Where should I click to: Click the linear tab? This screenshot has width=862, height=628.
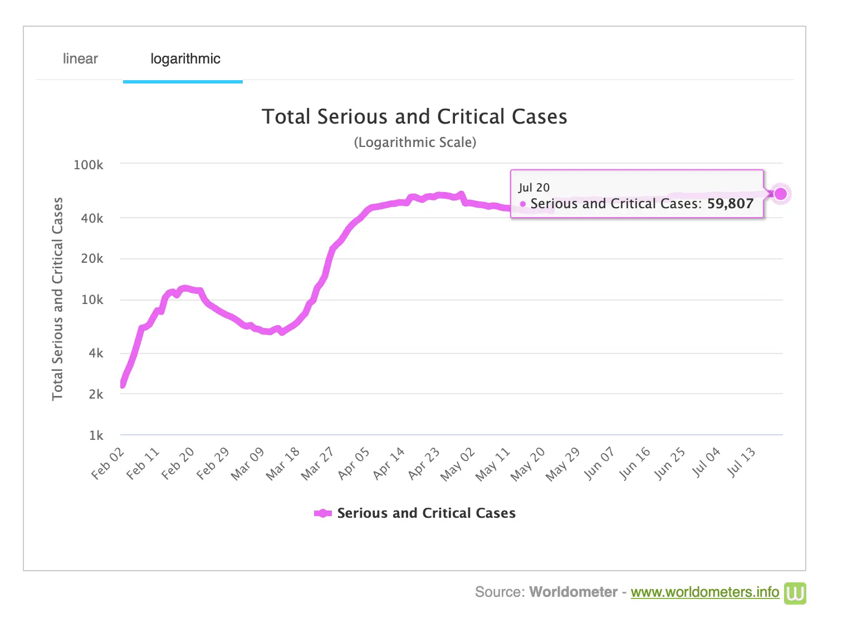(80, 58)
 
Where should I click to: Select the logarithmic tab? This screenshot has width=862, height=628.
(185, 58)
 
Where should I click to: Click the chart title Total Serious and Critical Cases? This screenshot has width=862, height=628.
(414, 116)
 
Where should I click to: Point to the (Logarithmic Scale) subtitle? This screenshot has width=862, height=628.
(415, 143)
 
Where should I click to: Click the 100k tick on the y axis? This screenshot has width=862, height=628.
(89, 165)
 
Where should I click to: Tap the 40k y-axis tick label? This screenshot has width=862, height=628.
(92, 218)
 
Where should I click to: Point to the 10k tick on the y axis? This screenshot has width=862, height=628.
(92, 300)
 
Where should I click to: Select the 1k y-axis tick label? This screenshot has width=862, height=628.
(96, 435)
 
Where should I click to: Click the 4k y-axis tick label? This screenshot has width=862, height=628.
(96, 353)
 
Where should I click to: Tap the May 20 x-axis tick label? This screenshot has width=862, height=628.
(527, 464)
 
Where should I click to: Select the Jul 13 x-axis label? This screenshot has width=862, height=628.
(741, 462)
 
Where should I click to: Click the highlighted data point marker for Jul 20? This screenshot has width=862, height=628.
(781, 194)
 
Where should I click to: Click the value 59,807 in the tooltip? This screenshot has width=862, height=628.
(730, 204)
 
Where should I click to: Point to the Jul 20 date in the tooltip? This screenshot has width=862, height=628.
(534, 188)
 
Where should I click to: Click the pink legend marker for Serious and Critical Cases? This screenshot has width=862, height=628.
(323, 513)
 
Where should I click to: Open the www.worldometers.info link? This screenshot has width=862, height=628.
(704, 592)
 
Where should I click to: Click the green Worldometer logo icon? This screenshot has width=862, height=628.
(795, 593)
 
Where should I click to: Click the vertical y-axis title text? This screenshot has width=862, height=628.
(57, 299)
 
